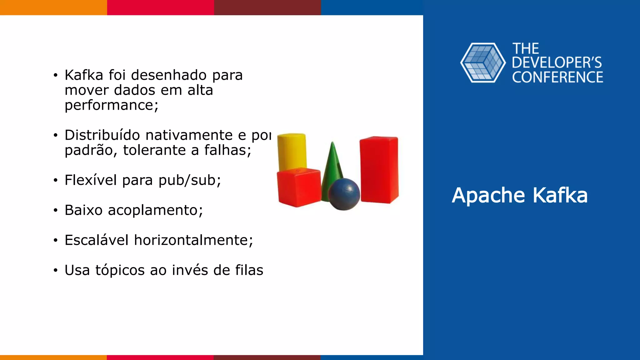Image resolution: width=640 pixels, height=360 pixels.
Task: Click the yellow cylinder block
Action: (292, 152)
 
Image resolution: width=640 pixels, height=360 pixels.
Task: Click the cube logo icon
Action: (483, 63)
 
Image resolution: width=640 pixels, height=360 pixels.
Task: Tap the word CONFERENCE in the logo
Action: (557, 77)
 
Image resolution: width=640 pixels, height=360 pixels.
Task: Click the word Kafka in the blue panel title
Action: (560, 195)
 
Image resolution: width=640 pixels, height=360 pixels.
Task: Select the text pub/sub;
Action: (190, 180)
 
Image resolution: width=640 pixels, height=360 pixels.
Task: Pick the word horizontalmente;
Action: (193, 240)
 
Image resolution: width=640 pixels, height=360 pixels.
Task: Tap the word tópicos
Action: (120, 270)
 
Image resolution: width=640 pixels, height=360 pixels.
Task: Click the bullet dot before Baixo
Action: (55, 210)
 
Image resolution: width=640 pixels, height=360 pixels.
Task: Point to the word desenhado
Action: (169, 75)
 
